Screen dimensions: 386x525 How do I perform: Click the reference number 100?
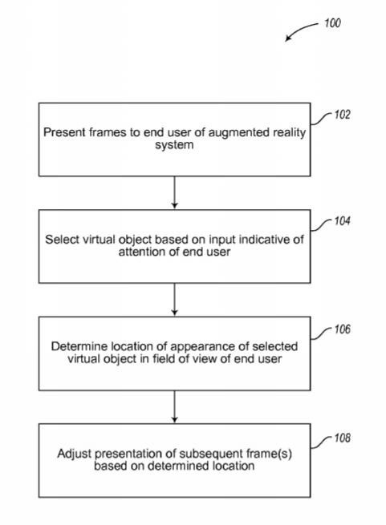[x=332, y=23]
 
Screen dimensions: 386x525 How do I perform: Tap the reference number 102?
[x=342, y=115]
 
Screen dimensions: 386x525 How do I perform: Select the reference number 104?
[x=342, y=221]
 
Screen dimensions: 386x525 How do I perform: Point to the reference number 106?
[x=342, y=329]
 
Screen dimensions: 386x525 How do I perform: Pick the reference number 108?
[x=342, y=438]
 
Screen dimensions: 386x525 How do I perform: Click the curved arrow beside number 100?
[x=299, y=30]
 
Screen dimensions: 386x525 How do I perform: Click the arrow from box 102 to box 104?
[x=174, y=192]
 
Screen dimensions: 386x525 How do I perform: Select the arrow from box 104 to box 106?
[x=174, y=299]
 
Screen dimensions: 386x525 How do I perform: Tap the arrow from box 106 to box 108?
[x=174, y=406]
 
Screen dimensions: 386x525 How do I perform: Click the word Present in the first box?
[x=64, y=132]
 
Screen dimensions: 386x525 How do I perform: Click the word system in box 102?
[x=174, y=145]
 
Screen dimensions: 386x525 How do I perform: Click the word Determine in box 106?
[x=79, y=346]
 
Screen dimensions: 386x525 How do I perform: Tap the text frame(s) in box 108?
[x=269, y=454]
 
